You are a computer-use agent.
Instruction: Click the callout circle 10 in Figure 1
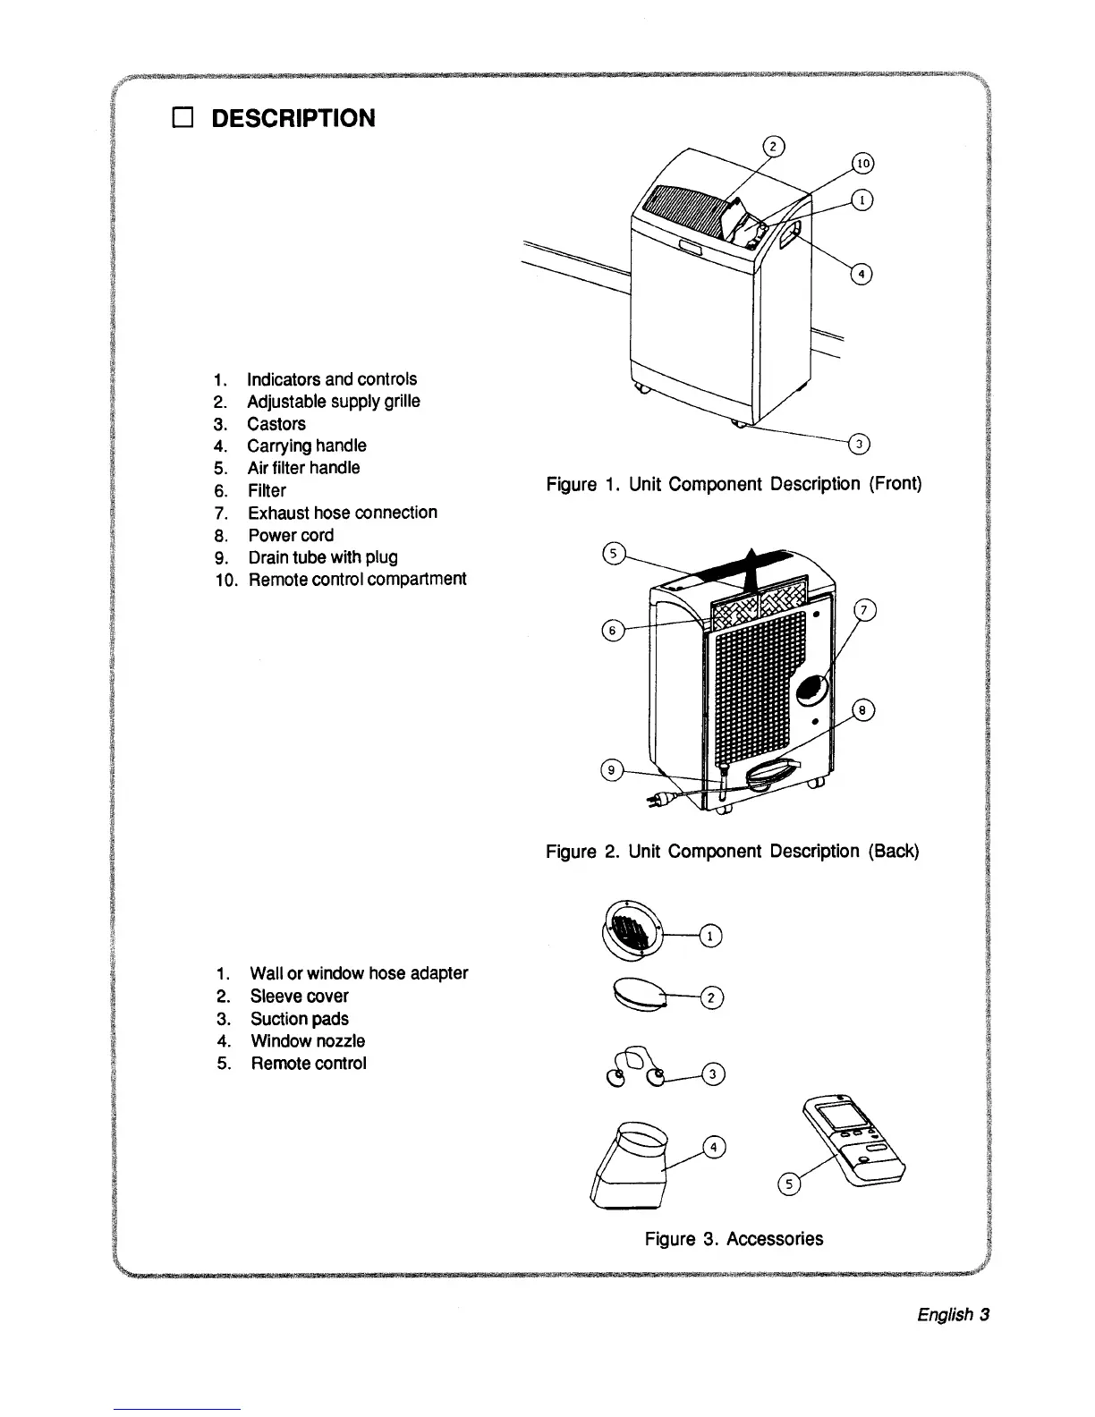click(x=862, y=164)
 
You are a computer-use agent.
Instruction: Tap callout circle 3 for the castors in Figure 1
click(x=858, y=444)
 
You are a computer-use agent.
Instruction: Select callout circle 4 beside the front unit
click(x=860, y=274)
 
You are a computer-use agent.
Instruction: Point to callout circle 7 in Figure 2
click(x=864, y=611)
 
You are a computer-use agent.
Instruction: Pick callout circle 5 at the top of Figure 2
click(x=613, y=553)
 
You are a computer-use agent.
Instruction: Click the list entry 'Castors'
click(x=276, y=424)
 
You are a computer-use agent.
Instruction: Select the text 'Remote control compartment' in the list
click(x=357, y=580)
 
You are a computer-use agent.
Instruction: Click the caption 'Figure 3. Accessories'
click(x=734, y=1239)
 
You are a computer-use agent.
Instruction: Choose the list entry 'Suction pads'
click(x=299, y=1019)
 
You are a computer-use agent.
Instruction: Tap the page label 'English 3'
click(x=953, y=1315)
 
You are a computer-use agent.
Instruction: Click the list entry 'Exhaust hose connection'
click(x=343, y=513)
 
